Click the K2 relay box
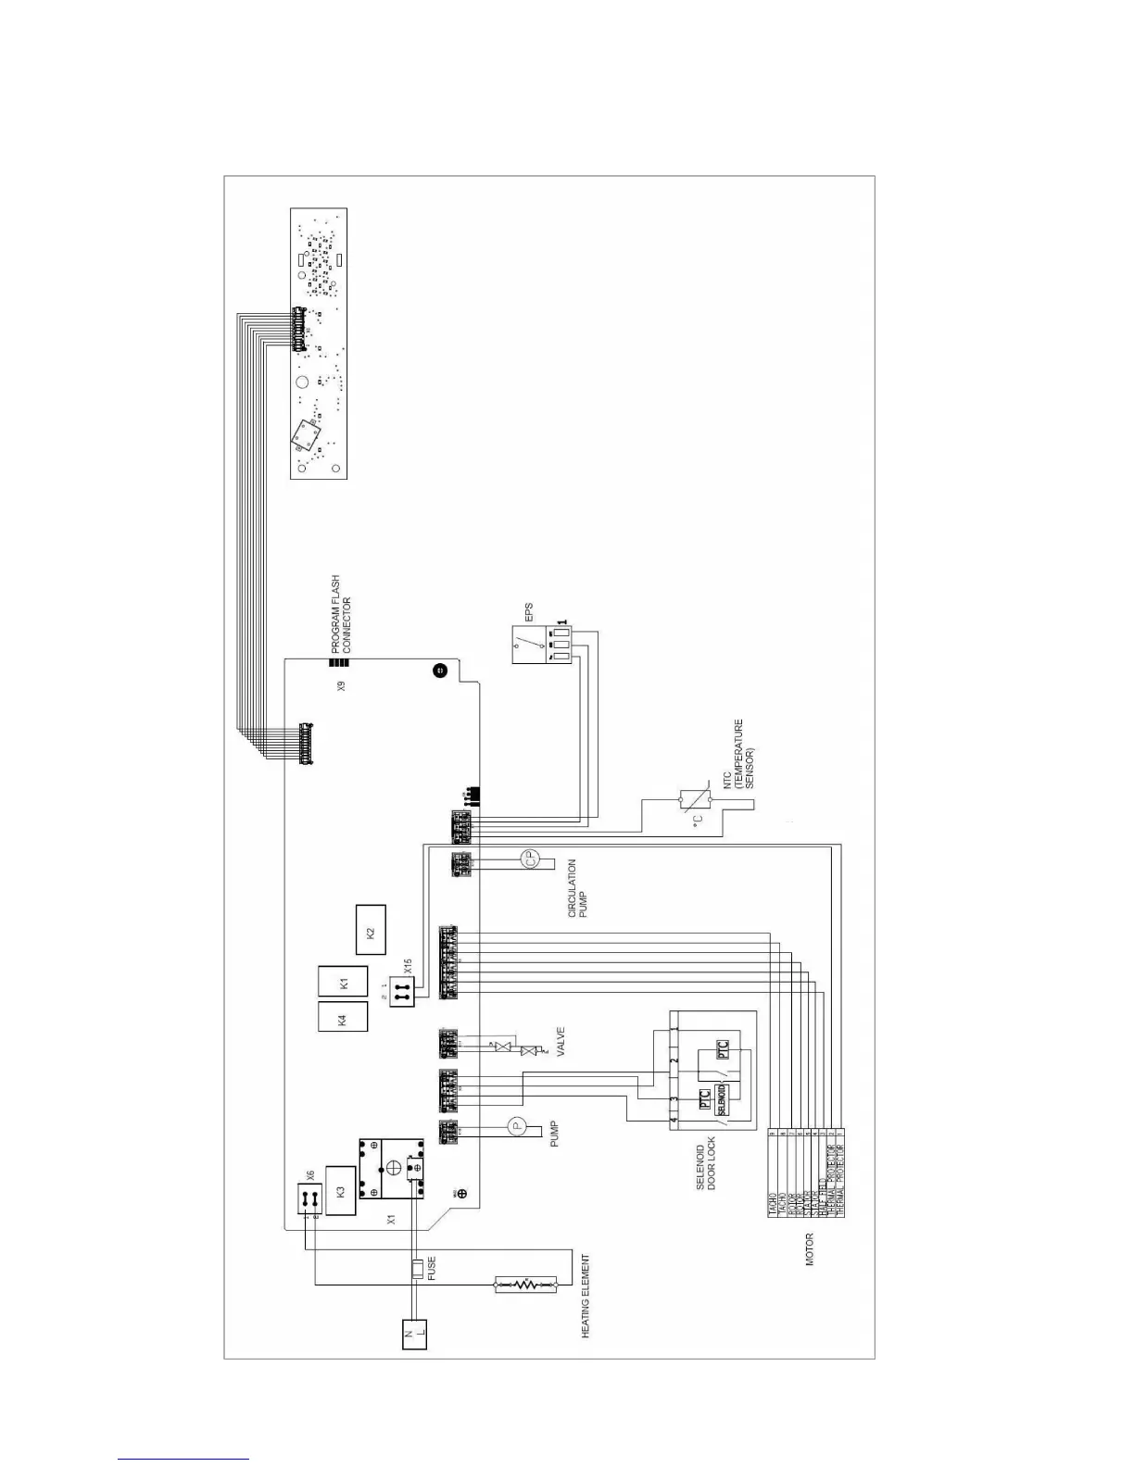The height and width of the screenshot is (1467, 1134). [x=371, y=930]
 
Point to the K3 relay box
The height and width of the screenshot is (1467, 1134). [x=341, y=1191]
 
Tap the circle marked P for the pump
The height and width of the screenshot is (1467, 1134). [x=517, y=1126]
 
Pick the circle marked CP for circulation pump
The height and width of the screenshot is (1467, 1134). [x=531, y=859]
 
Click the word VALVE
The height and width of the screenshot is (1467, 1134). [x=559, y=1043]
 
